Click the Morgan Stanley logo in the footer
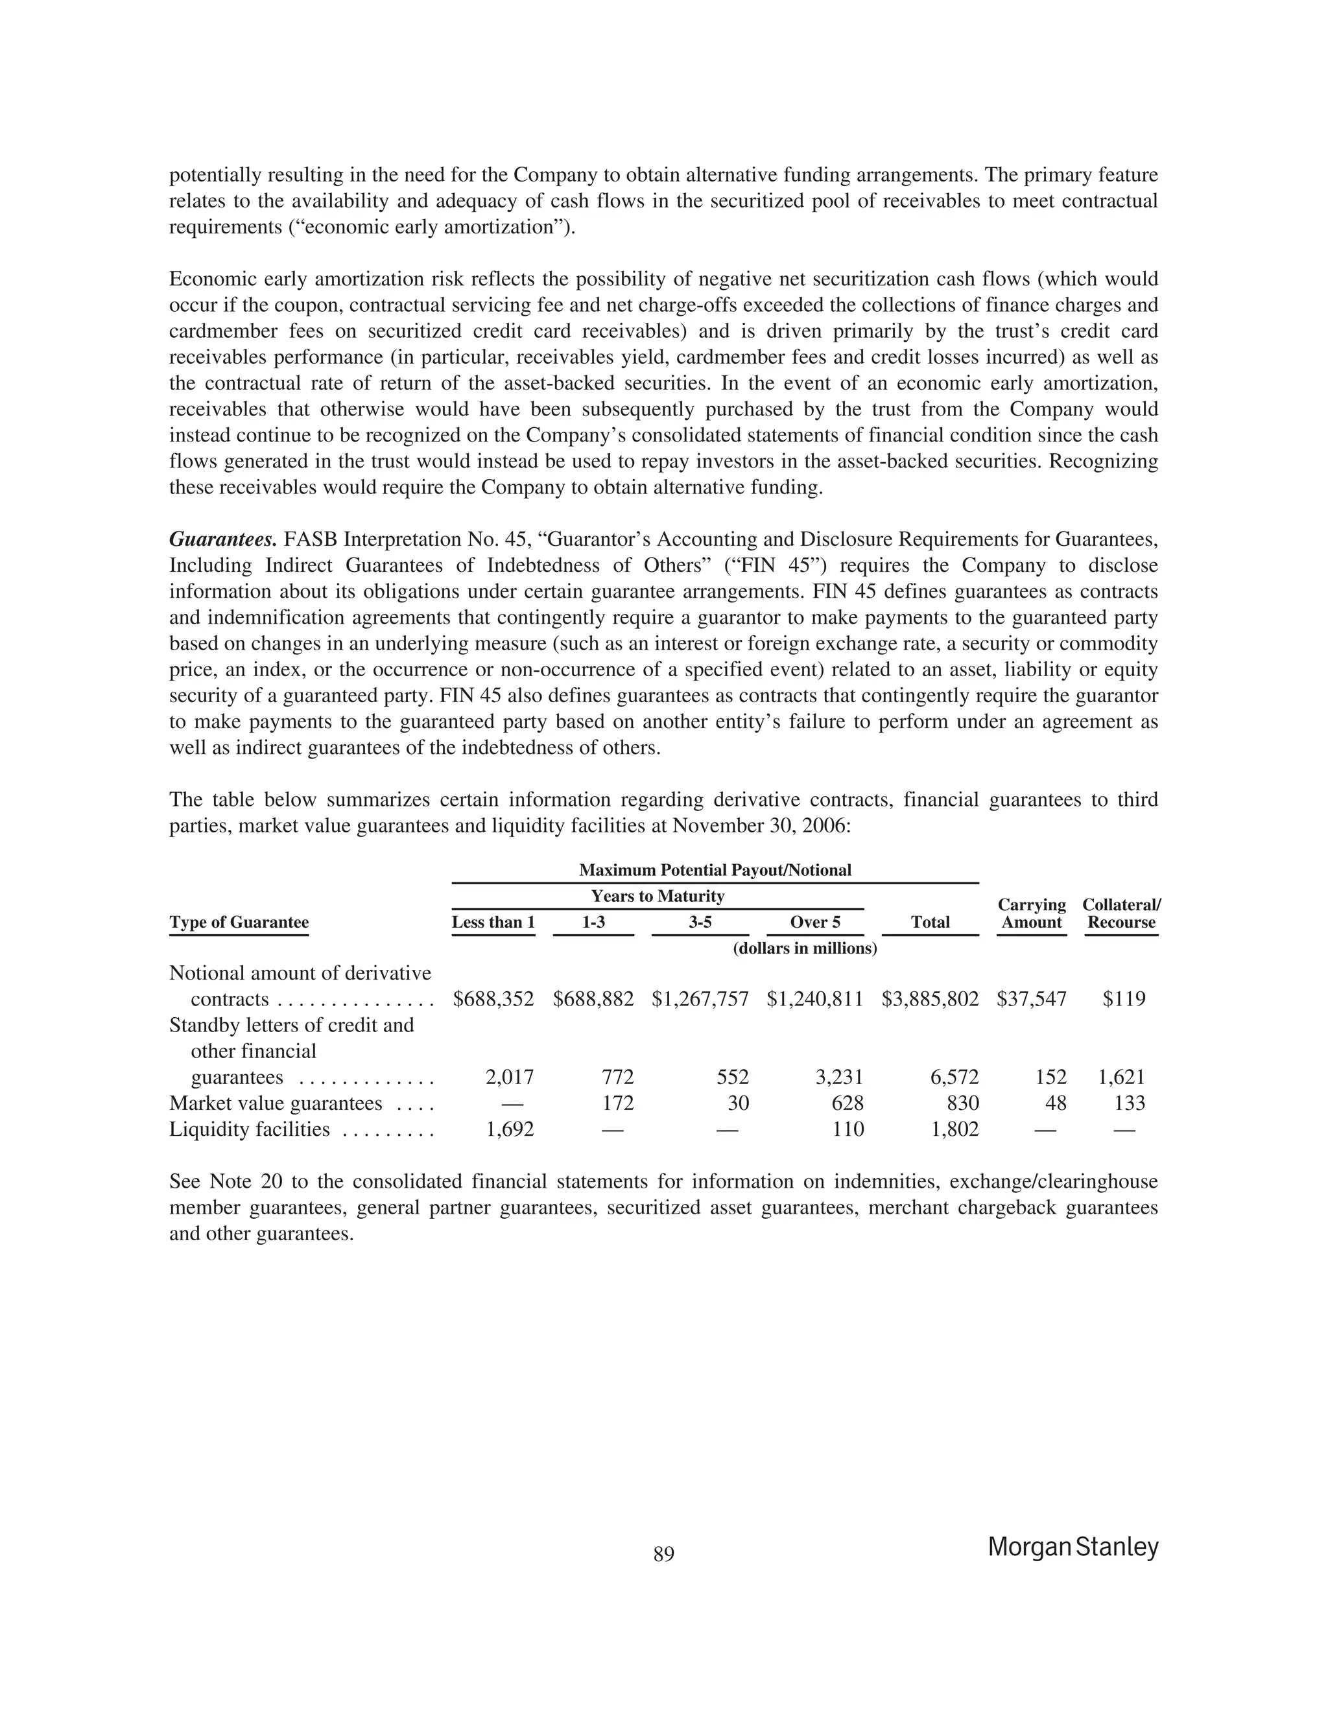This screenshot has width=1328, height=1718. tap(1073, 1546)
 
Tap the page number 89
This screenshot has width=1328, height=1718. tap(663, 1553)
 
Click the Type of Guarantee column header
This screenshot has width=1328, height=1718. tap(239, 922)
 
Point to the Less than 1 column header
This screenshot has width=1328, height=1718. tap(493, 922)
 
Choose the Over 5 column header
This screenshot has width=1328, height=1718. tap(814, 922)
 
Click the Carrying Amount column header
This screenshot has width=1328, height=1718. tap(1032, 913)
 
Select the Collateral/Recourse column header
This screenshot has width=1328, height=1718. tap(1121, 913)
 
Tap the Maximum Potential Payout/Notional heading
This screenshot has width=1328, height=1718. tap(715, 870)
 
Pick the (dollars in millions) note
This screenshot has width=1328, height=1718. tap(804, 948)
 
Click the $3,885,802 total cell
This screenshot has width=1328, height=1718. tap(930, 999)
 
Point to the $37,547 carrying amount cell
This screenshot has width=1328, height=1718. tap(1032, 999)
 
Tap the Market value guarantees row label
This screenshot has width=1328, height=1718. tap(276, 1103)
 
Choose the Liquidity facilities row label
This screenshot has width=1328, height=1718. tap(250, 1129)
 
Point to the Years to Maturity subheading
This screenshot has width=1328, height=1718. tap(657, 896)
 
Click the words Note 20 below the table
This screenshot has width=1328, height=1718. tap(246, 1181)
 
